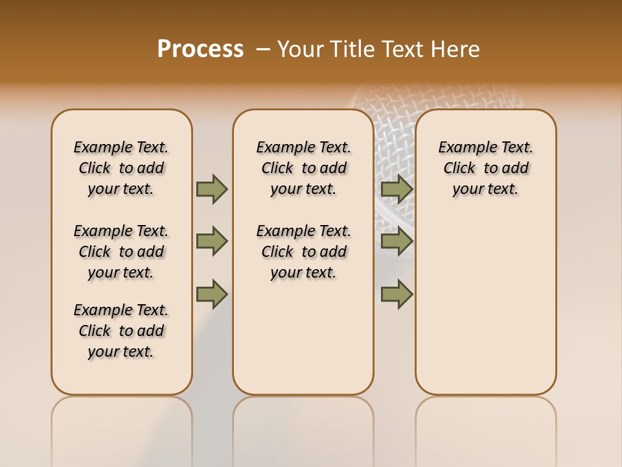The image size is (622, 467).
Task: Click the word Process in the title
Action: click(200, 49)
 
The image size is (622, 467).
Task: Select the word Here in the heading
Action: click(455, 49)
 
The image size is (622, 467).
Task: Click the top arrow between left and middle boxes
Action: click(212, 189)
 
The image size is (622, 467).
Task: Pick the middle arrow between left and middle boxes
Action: click(212, 241)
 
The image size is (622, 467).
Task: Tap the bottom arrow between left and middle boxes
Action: click(212, 294)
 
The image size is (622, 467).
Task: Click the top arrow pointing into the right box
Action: click(397, 189)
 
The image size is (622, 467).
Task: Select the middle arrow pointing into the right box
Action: click(397, 241)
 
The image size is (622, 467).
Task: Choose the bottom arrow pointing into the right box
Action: click(397, 294)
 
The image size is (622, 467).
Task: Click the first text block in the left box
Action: click(121, 168)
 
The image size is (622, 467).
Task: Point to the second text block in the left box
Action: click(121, 252)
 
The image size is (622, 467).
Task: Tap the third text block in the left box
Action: click(121, 331)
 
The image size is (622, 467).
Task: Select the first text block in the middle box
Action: click(303, 168)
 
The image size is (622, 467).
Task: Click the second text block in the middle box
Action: click(303, 252)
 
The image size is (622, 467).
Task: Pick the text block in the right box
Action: click(485, 168)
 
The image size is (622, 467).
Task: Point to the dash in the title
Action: click(263, 49)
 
